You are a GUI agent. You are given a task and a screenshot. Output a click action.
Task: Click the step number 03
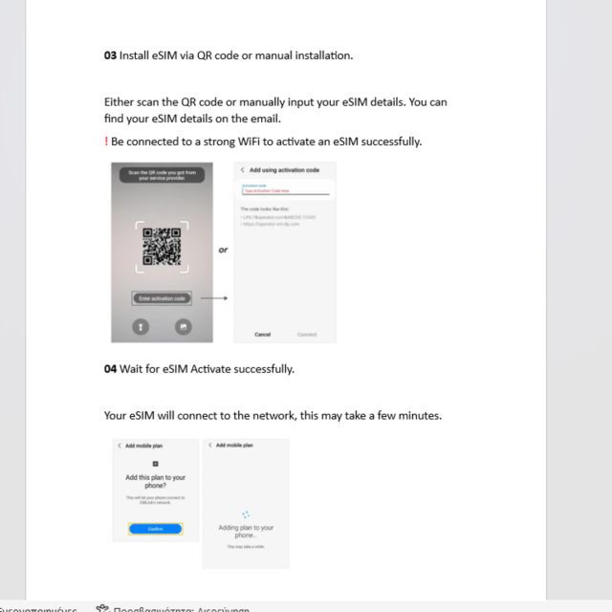pyautogui.click(x=110, y=55)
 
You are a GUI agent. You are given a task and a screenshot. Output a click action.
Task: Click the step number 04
pyautogui.click(x=110, y=369)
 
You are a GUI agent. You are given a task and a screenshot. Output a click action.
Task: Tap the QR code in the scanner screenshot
pyautogui.click(x=162, y=247)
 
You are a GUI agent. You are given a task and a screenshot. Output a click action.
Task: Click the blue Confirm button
pyautogui.click(x=155, y=528)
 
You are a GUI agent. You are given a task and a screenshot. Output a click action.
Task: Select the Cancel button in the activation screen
pyautogui.click(x=263, y=335)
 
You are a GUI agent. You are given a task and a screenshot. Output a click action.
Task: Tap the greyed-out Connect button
pyautogui.click(x=307, y=335)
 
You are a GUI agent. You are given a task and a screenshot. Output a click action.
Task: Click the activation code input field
pyautogui.click(x=285, y=191)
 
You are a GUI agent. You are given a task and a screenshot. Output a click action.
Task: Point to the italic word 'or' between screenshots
pyautogui.click(x=223, y=251)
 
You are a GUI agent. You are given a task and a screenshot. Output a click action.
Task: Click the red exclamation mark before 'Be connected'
pyautogui.click(x=106, y=142)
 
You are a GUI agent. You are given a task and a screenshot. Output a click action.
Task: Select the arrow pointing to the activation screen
pyautogui.click(x=214, y=298)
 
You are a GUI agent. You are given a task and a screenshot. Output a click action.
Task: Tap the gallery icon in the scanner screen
pyautogui.click(x=182, y=327)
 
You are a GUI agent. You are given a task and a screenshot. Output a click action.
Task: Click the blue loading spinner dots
pyautogui.click(x=246, y=514)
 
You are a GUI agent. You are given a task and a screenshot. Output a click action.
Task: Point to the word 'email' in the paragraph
pyautogui.click(x=266, y=120)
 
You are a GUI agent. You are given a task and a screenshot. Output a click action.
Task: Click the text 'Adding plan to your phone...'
pyautogui.click(x=246, y=531)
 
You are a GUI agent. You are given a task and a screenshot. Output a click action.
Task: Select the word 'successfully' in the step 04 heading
pyautogui.click(x=264, y=369)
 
